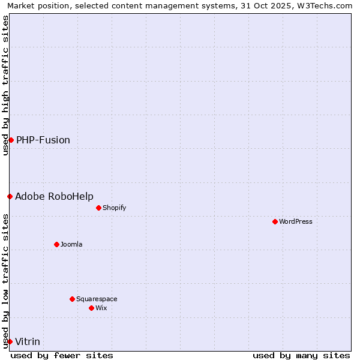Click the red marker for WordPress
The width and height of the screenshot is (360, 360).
click(x=275, y=221)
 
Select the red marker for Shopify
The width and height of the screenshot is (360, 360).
click(x=98, y=208)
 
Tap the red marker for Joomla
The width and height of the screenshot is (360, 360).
click(x=56, y=244)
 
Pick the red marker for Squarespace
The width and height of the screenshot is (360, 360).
click(x=72, y=299)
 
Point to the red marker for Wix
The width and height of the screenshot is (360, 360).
click(x=91, y=308)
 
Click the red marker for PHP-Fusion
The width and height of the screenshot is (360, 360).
click(x=11, y=140)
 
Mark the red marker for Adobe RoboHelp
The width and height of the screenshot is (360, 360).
click(x=10, y=196)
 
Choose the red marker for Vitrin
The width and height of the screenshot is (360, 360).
click(x=10, y=341)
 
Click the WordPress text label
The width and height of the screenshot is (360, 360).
click(x=296, y=221)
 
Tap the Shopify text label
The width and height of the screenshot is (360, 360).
click(x=114, y=208)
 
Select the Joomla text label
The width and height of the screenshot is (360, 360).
click(x=71, y=244)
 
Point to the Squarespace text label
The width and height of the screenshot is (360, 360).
click(x=97, y=299)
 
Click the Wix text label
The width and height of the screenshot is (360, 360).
click(x=101, y=308)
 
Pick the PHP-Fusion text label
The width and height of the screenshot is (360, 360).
click(x=43, y=140)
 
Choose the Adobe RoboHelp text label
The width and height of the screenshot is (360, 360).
click(x=54, y=196)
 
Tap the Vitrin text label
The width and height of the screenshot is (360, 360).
click(x=28, y=341)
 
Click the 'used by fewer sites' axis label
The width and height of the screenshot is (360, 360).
click(x=62, y=355)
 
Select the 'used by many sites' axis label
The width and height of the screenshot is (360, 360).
click(x=301, y=355)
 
